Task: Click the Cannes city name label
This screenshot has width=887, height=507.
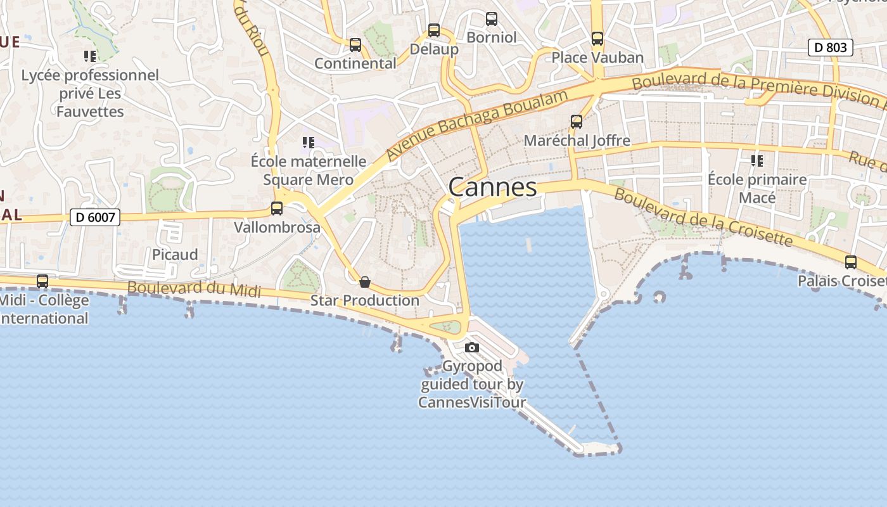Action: [493, 187]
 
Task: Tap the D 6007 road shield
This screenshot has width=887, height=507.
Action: [94, 217]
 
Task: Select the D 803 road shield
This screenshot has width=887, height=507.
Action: [830, 48]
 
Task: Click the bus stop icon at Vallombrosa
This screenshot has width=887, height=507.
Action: [277, 209]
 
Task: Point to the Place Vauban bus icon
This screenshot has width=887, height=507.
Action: [597, 39]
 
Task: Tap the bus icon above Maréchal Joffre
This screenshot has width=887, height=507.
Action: [577, 122]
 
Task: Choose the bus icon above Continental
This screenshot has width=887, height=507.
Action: [355, 45]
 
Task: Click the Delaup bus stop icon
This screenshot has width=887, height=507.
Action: [434, 30]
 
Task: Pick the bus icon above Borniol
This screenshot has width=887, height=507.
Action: [492, 19]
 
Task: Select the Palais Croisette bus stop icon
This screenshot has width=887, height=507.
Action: [851, 262]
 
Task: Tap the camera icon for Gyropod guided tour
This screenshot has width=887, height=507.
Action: [472, 347]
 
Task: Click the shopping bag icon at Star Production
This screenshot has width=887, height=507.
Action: [365, 282]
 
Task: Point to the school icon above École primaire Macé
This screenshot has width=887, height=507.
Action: [757, 161]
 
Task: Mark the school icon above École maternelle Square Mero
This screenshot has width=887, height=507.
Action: [309, 143]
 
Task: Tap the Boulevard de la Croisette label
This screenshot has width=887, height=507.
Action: [703, 217]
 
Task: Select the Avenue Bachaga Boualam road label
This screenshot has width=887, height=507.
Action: [477, 125]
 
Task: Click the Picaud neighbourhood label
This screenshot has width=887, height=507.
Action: [175, 254]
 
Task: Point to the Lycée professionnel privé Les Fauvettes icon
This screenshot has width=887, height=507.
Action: [90, 56]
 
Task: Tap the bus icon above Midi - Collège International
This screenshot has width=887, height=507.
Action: [42, 281]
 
